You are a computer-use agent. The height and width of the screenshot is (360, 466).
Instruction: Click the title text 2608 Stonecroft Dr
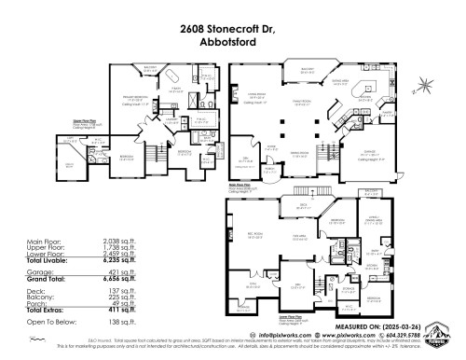tap(232, 29)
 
